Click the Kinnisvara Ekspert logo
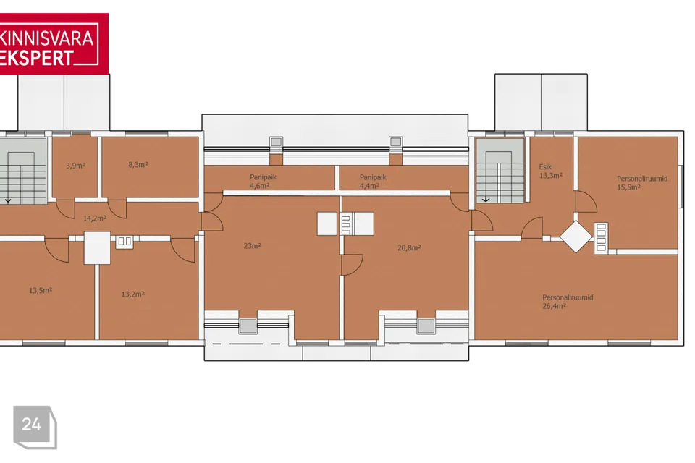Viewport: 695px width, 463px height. pyautogui.click(x=54, y=43)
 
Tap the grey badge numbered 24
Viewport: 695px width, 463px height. pyautogui.click(x=35, y=427)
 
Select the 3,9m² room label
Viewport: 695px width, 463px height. pyautogui.click(x=76, y=166)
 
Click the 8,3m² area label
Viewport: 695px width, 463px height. pyautogui.click(x=138, y=165)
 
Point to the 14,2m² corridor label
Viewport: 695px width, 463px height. pyautogui.click(x=95, y=218)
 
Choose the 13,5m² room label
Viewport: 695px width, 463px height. pyautogui.click(x=41, y=291)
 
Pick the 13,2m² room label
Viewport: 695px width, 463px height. pyautogui.click(x=133, y=294)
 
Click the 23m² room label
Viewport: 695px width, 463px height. pyautogui.click(x=252, y=245)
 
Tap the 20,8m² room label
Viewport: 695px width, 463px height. pyautogui.click(x=409, y=247)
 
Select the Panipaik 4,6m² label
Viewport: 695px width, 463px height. pyautogui.click(x=263, y=181)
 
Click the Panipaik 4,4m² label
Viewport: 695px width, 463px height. pyautogui.click(x=373, y=181)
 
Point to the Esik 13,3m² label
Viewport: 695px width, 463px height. pyautogui.click(x=550, y=171)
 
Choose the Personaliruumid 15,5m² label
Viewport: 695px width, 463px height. pyautogui.click(x=642, y=182)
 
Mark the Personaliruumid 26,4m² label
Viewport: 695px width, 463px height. pyautogui.click(x=568, y=301)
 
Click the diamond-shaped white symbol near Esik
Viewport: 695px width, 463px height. pyautogui.click(x=576, y=237)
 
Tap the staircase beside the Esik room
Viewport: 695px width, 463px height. pyautogui.click(x=500, y=171)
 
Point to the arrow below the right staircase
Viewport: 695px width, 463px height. pyautogui.click(x=486, y=200)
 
